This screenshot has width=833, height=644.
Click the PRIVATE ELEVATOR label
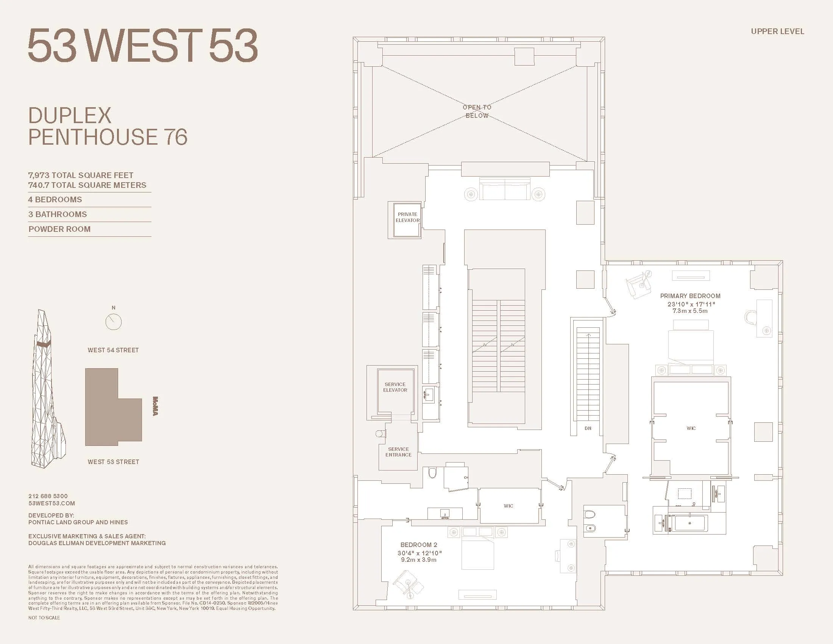pos(407,217)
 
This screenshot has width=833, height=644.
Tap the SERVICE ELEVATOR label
pos(395,387)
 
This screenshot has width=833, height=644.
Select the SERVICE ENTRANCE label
pos(398,452)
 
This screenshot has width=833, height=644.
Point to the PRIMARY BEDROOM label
pos(690,296)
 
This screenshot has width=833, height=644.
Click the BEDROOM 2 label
pos(418,545)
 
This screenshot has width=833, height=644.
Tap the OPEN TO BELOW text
pos(477,111)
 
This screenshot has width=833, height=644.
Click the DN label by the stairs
pos(588,428)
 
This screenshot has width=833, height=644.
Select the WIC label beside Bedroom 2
pos(508,506)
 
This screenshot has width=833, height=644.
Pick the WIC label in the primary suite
pos(691,428)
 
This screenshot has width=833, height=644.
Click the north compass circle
pos(113,322)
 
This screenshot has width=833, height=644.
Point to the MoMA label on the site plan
pos(155,406)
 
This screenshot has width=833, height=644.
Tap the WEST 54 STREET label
pos(113,350)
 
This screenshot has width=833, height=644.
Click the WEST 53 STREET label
pos(113,462)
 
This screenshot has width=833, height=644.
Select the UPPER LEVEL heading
pos(777,32)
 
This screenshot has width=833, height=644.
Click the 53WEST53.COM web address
pos(51,503)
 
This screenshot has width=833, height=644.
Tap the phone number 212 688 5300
pos(48,496)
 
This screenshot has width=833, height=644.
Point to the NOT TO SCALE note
pos(44,618)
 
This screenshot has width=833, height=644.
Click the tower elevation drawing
pos(48,389)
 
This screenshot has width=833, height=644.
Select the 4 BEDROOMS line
pos(55,200)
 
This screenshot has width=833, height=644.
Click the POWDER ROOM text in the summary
pos(59,229)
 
